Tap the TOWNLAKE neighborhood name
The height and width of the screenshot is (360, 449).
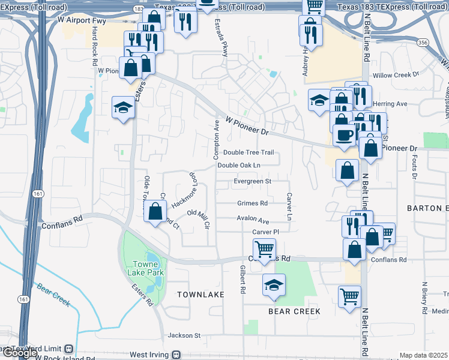click(x=200, y=295)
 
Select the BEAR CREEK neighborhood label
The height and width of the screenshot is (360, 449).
click(x=294, y=311)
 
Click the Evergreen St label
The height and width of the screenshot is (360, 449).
click(x=253, y=181)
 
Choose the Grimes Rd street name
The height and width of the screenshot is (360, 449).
click(x=252, y=203)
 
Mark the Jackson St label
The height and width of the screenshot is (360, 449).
click(x=184, y=335)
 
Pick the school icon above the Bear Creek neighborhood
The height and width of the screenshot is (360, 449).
click(x=274, y=284)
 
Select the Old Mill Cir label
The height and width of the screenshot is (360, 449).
click(x=198, y=218)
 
